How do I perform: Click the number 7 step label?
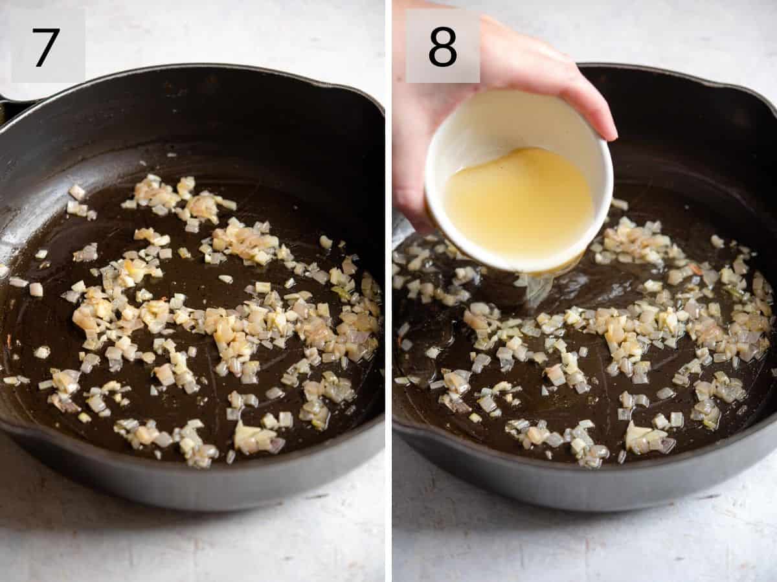click(x=47, y=47)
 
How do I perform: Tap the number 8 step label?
click(x=443, y=47)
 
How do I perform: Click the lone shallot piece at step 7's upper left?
click(x=77, y=192)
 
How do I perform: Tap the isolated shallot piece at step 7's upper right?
click(x=325, y=242)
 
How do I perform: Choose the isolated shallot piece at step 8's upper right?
click(x=717, y=241)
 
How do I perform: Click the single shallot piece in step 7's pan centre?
click(x=225, y=279)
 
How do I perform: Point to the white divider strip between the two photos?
click(x=388, y=291)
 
